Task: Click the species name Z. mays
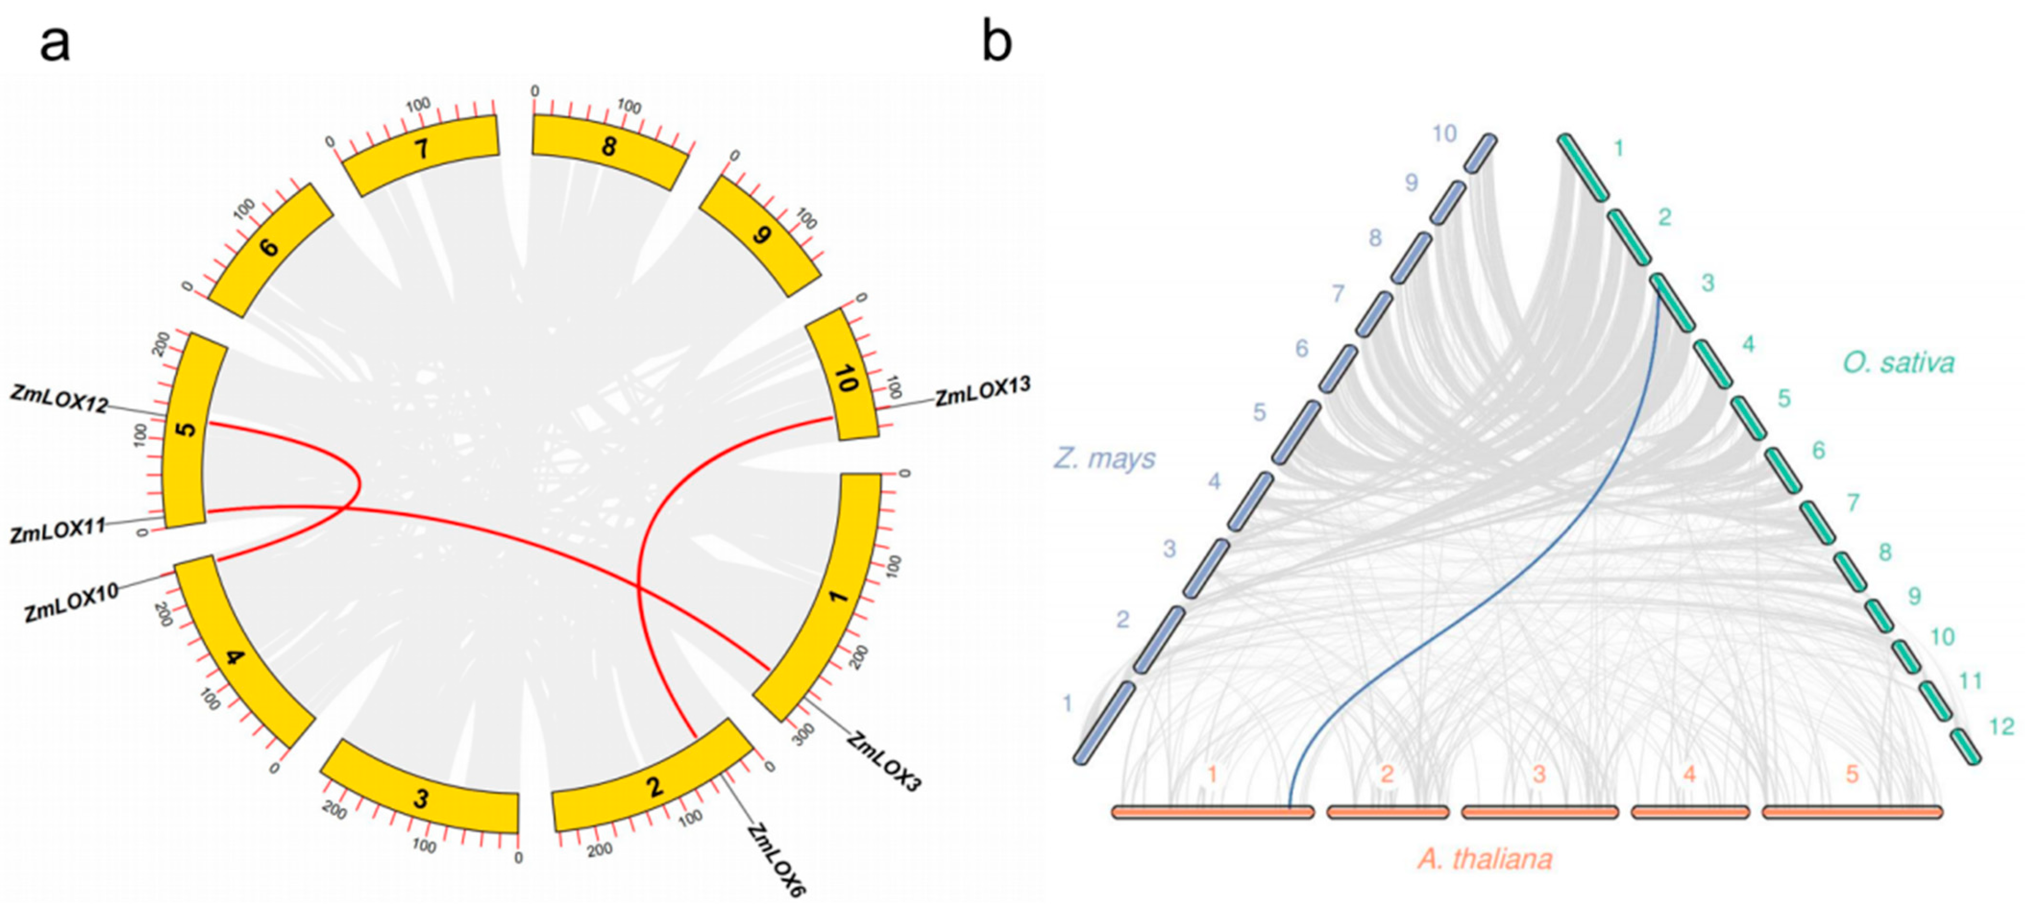tap(1104, 458)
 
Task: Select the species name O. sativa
tap(1898, 363)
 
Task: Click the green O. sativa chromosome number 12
tap(2001, 727)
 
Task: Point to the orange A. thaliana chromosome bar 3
tap(1539, 811)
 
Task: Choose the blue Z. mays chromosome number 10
tap(1444, 134)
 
